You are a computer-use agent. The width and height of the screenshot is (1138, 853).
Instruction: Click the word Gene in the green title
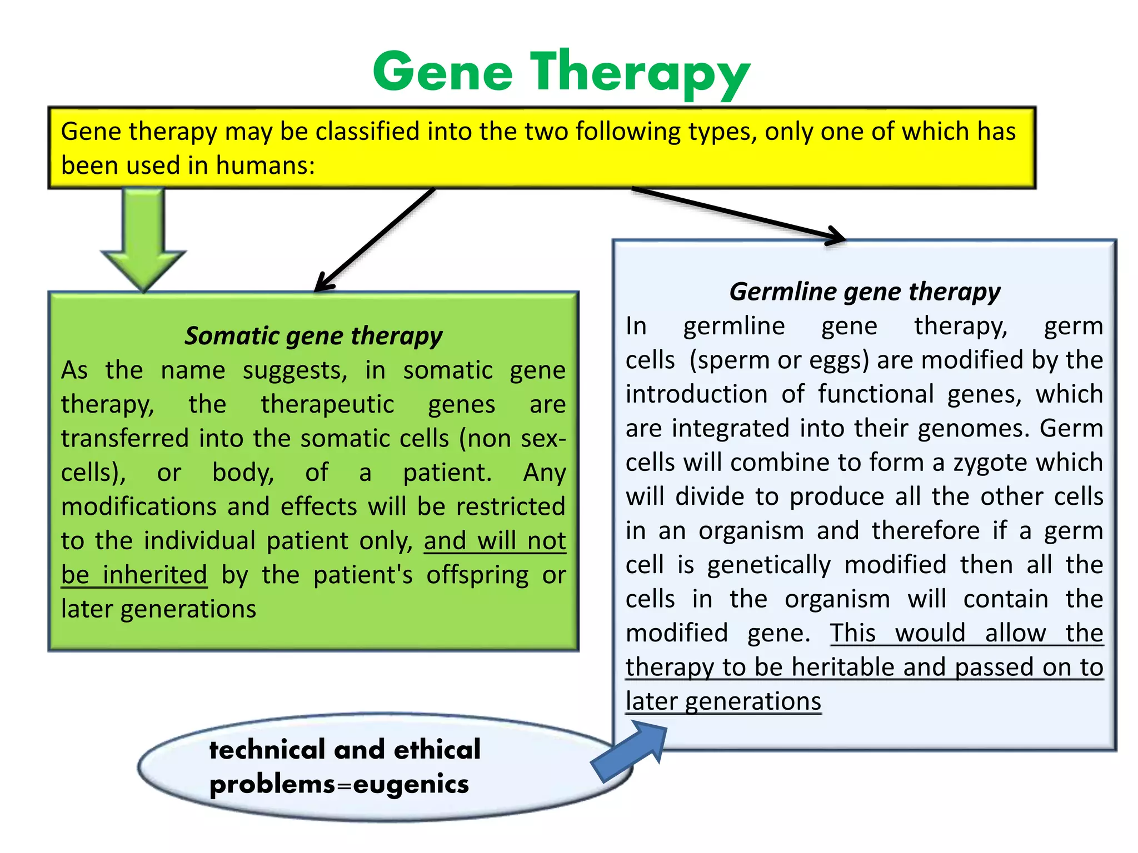pyautogui.click(x=443, y=72)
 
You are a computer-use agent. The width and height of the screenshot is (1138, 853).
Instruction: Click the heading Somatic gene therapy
pyautogui.click(x=313, y=336)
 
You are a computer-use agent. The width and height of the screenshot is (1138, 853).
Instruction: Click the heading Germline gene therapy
pyautogui.click(x=864, y=292)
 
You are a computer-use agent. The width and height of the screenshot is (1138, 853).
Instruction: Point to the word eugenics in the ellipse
pyautogui.click(x=411, y=784)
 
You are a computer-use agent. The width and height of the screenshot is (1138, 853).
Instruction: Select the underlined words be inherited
pyautogui.click(x=134, y=575)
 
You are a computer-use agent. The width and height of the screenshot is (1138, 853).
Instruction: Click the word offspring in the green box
pyautogui.click(x=477, y=575)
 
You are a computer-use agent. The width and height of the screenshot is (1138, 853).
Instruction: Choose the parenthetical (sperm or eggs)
pyautogui.click(x=779, y=360)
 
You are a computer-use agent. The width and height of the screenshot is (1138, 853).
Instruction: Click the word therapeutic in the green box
pyautogui.click(x=327, y=404)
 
